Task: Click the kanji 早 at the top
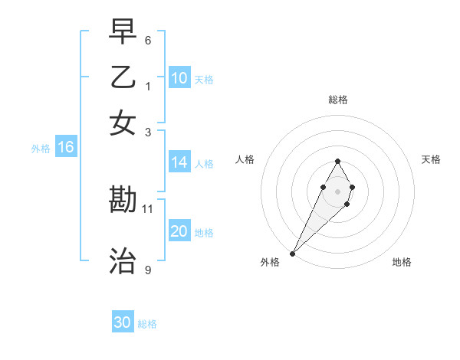(123, 32)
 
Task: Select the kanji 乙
(123, 77)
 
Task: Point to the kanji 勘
(123, 201)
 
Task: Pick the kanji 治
(123, 261)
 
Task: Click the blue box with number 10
(179, 77)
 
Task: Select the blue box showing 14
(179, 162)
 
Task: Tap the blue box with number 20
(179, 231)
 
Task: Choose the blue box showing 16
(65, 148)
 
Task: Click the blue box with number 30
(123, 322)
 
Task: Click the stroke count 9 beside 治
(148, 270)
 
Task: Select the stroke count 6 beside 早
(148, 40)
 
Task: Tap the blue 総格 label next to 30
(147, 324)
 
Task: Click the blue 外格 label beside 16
(41, 149)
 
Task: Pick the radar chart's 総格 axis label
(337, 100)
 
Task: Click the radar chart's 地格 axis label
(402, 262)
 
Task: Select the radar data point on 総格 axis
(337, 161)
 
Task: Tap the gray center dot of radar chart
(337, 190)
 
